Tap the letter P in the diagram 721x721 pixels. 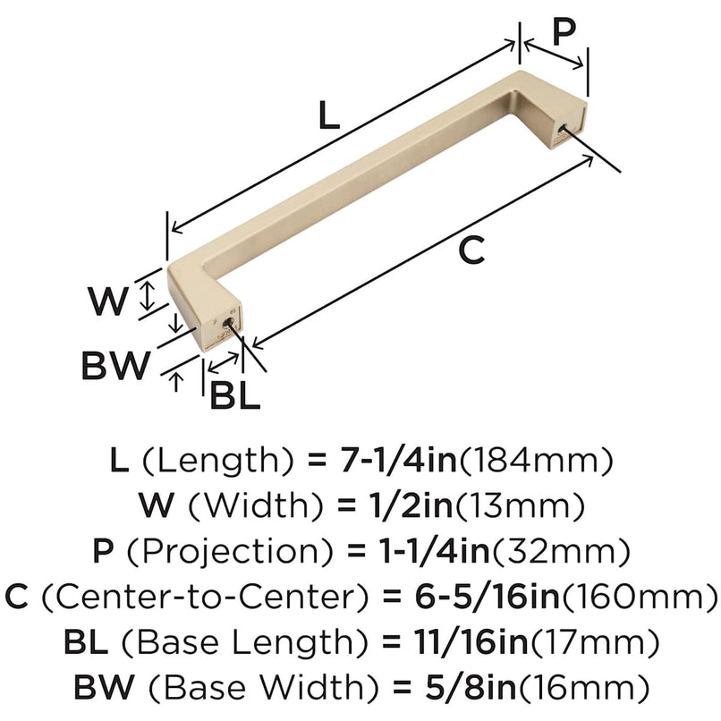pos(563,33)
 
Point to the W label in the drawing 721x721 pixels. pos(108,302)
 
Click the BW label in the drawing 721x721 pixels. pos(115,365)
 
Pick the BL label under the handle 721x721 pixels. pos(234,394)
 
